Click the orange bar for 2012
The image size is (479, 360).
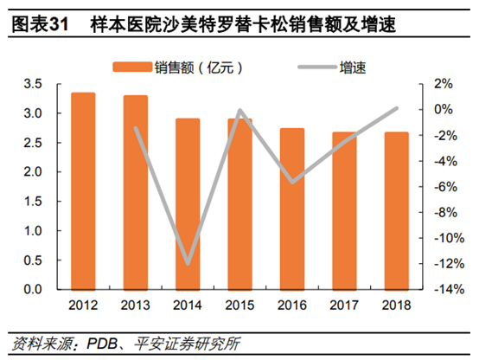coord(83,190)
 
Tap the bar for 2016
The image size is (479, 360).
coord(292,208)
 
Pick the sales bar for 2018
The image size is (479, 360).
coord(397,210)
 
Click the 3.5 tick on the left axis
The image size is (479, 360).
coord(34,84)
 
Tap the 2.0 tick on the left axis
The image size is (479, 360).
coord(34,172)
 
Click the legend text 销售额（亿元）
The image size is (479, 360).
coord(194,66)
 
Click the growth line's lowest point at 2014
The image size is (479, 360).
coord(188,263)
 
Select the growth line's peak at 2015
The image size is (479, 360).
coord(239,111)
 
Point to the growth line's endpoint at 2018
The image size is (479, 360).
coord(397,108)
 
